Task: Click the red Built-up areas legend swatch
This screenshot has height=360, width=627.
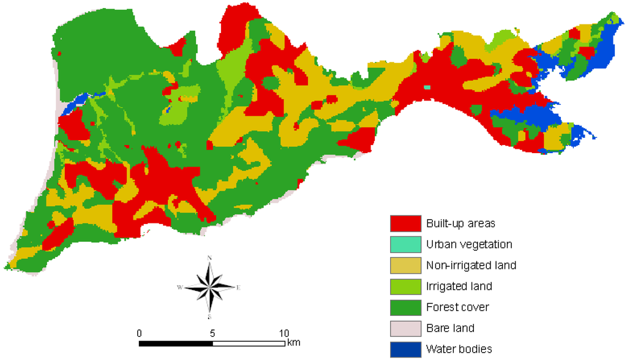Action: click(x=405, y=223)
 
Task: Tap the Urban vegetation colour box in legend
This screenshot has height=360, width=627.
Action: click(x=405, y=244)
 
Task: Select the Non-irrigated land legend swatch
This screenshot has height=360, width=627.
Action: click(x=405, y=265)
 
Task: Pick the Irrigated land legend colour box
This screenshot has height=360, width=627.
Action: click(x=405, y=286)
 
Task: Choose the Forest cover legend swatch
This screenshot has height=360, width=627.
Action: click(x=405, y=307)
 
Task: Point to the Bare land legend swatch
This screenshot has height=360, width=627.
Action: click(x=405, y=328)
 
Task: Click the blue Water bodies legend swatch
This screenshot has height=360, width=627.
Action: click(x=405, y=349)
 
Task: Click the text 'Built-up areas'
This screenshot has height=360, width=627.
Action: click(x=460, y=223)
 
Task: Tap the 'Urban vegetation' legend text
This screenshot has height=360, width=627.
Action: click(x=469, y=244)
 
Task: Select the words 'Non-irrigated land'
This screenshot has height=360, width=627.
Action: click(x=471, y=265)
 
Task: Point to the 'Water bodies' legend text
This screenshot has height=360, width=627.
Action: click(x=459, y=350)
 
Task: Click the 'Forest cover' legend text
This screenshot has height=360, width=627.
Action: click(x=458, y=307)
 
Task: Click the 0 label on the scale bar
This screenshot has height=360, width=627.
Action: click(x=140, y=333)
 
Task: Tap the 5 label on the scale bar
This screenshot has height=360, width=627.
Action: click(x=212, y=333)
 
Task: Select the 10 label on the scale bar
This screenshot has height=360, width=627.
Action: click(x=283, y=333)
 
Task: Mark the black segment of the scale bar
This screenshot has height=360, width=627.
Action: click(x=176, y=343)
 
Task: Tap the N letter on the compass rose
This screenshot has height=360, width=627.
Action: click(x=210, y=258)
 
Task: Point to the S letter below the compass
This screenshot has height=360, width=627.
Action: click(x=210, y=317)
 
